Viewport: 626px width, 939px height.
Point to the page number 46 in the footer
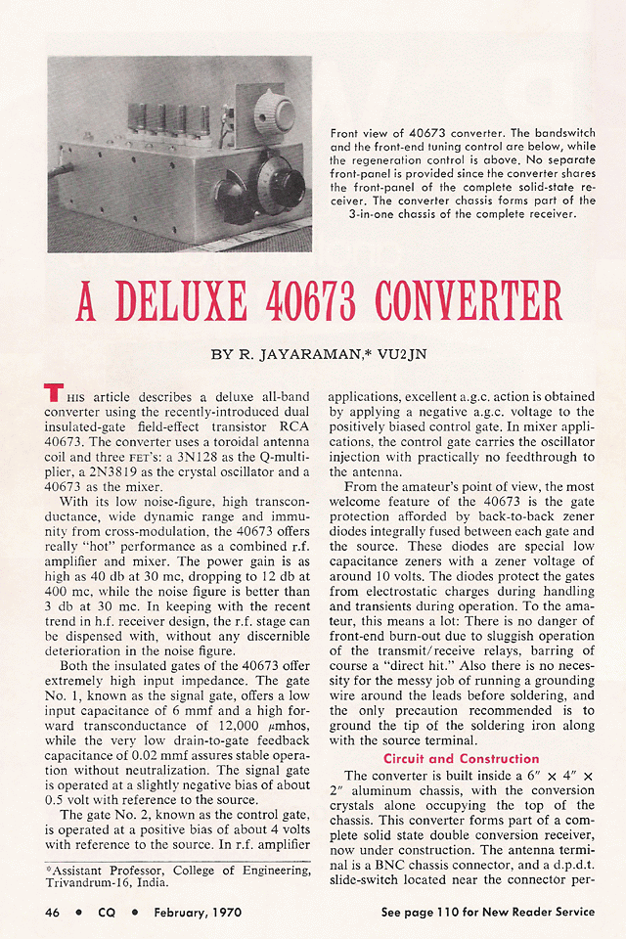pos(54,912)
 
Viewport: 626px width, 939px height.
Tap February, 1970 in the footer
pos(195,912)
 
